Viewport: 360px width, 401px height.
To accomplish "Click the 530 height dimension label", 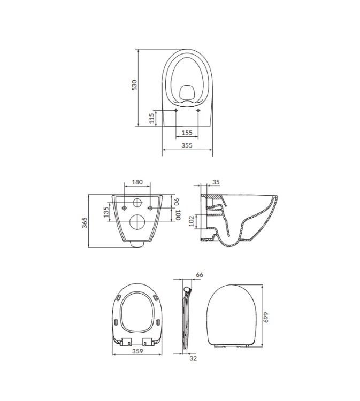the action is click(134, 85).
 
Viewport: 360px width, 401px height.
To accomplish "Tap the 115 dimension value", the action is click(152, 118).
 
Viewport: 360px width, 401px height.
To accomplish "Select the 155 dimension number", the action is click(187, 133).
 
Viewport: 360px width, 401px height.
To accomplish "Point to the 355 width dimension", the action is click(187, 145).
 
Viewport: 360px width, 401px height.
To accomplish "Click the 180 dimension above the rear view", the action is click(137, 182).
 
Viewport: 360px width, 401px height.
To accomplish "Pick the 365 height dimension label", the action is click(85, 223).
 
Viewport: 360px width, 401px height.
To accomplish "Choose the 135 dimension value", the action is click(106, 212).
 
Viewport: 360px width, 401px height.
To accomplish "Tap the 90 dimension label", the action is click(177, 202).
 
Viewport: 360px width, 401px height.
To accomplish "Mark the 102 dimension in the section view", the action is click(192, 221).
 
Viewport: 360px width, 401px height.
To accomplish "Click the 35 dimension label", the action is click(216, 182).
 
